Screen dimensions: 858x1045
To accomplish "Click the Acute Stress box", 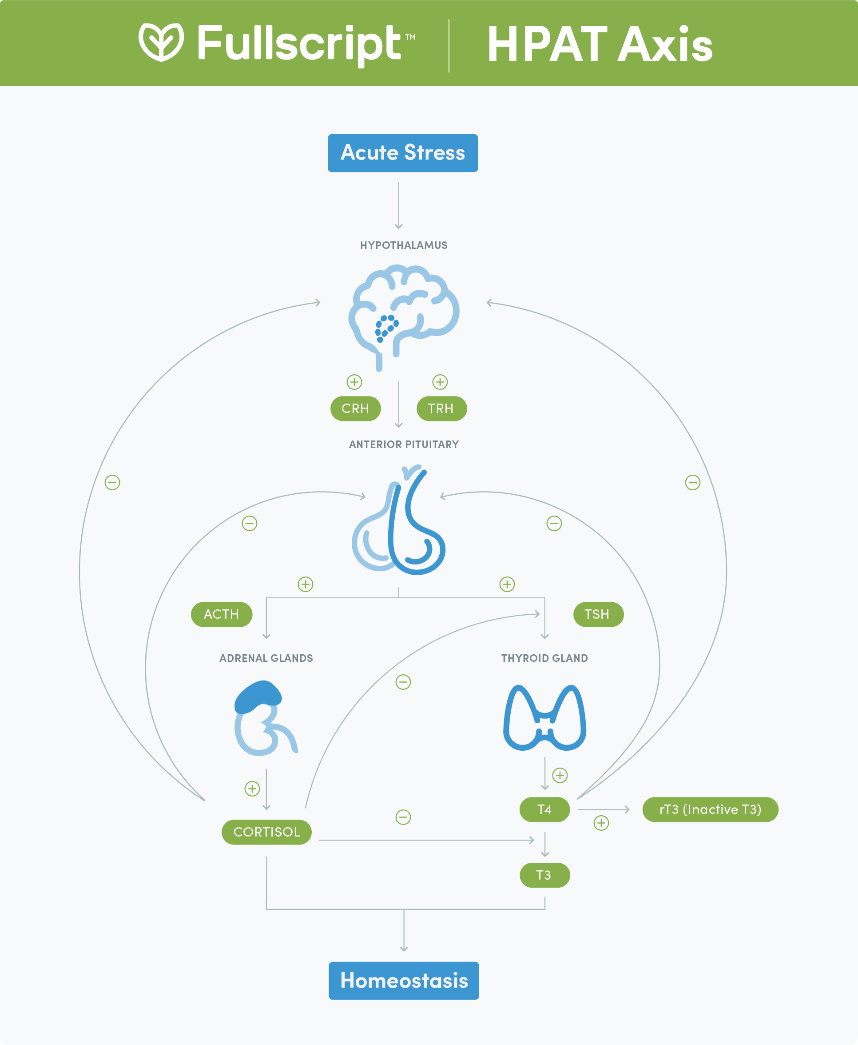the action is click(x=402, y=153).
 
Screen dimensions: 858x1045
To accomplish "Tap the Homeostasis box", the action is click(x=403, y=980).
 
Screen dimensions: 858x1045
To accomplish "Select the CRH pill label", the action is click(x=355, y=408).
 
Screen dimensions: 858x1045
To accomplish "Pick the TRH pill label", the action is click(x=441, y=408).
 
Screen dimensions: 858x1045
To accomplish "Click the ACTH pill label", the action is click(x=222, y=614).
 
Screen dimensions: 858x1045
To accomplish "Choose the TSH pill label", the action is click(x=598, y=614).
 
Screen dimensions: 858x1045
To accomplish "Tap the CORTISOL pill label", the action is click(x=266, y=832).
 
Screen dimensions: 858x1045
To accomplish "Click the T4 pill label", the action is click(x=544, y=809).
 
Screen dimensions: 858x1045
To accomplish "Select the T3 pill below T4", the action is click(x=544, y=875).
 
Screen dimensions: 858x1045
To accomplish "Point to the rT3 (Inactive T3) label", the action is click(x=710, y=809).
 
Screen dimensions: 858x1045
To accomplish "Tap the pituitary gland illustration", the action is click(x=398, y=522).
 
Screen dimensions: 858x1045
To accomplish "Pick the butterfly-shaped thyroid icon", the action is click(x=544, y=718).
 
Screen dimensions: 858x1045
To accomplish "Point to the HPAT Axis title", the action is click(x=600, y=44).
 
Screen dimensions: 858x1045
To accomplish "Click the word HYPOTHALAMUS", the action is click(x=403, y=245).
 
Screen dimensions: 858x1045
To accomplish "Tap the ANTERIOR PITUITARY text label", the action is click(x=403, y=444).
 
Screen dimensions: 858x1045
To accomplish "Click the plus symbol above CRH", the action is click(x=354, y=382).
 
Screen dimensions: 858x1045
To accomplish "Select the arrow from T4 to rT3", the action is click(x=604, y=809).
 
